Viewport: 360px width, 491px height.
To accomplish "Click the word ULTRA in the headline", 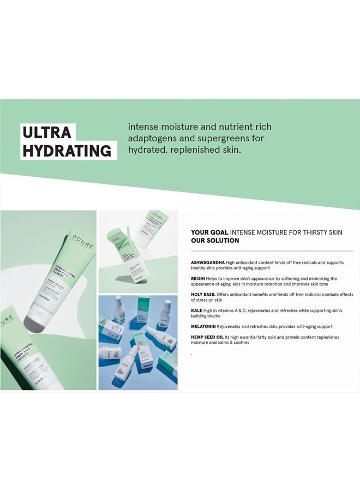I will [47, 133].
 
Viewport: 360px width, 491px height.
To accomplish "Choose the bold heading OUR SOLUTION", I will [215, 240].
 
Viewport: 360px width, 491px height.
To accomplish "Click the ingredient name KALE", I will [197, 310].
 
